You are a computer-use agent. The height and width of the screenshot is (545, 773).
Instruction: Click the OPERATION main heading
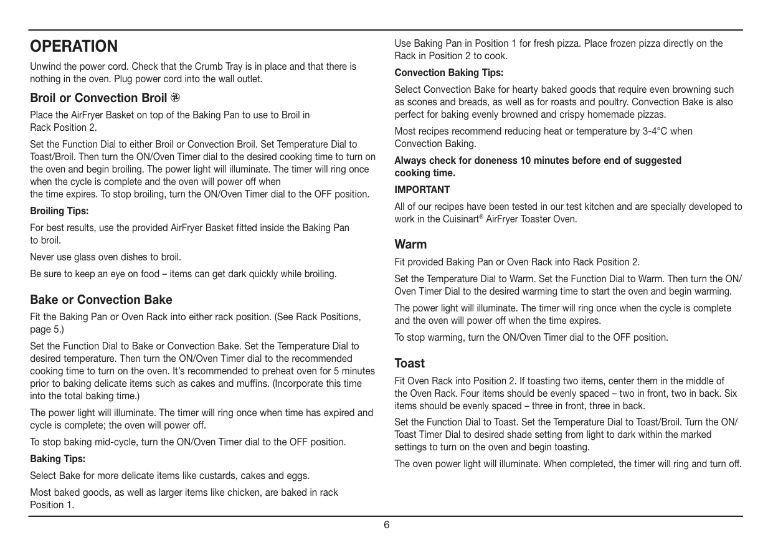click(x=74, y=46)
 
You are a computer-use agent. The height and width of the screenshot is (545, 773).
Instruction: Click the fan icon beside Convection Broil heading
click(x=176, y=97)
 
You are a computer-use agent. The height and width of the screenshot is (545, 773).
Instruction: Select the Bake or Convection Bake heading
click(x=101, y=300)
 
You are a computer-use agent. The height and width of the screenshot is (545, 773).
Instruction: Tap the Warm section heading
click(x=410, y=244)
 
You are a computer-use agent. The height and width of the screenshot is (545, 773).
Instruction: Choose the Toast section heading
click(x=409, y=363)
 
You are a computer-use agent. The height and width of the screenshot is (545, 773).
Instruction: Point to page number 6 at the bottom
click(x=386, y=525)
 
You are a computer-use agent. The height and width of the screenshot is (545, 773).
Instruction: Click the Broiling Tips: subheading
click(x=59, y=211)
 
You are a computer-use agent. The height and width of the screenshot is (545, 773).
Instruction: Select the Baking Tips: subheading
click(x=57, y=459)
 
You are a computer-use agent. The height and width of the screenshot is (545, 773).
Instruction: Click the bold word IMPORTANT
click(x=422, y=189)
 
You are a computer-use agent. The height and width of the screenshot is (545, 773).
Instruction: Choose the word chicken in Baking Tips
click(x=245, y=492)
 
